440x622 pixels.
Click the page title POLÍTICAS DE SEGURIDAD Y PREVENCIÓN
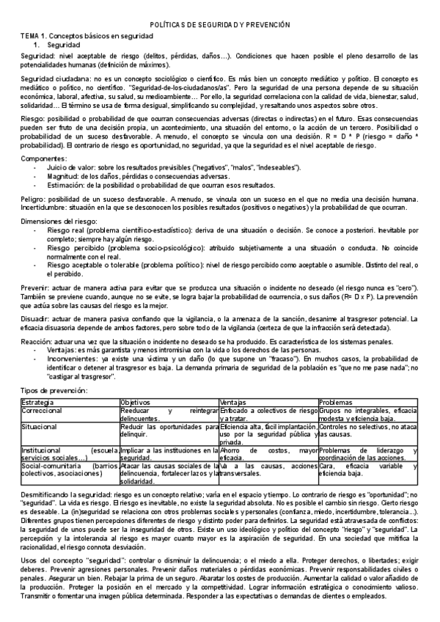click(220, 25)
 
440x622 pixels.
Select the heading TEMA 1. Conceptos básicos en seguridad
click(76, 36)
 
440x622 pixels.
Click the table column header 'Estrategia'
click(37, 403)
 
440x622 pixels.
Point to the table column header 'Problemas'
click(336, 403)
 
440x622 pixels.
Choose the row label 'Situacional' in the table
click(40, 426)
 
